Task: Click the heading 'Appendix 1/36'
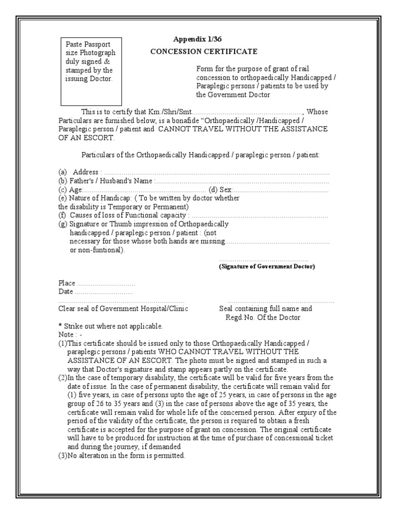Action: pos(198,40)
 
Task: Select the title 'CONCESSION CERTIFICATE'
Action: pos(204,52)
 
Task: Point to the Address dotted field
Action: pos(217,172)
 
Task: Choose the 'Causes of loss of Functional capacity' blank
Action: pos(259,216)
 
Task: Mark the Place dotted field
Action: pos(106,284)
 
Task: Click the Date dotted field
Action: pos(104,292)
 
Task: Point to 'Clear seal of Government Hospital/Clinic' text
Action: pos(123,309)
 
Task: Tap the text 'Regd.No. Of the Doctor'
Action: pos(263,318)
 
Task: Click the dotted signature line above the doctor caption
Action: pos(264,260)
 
